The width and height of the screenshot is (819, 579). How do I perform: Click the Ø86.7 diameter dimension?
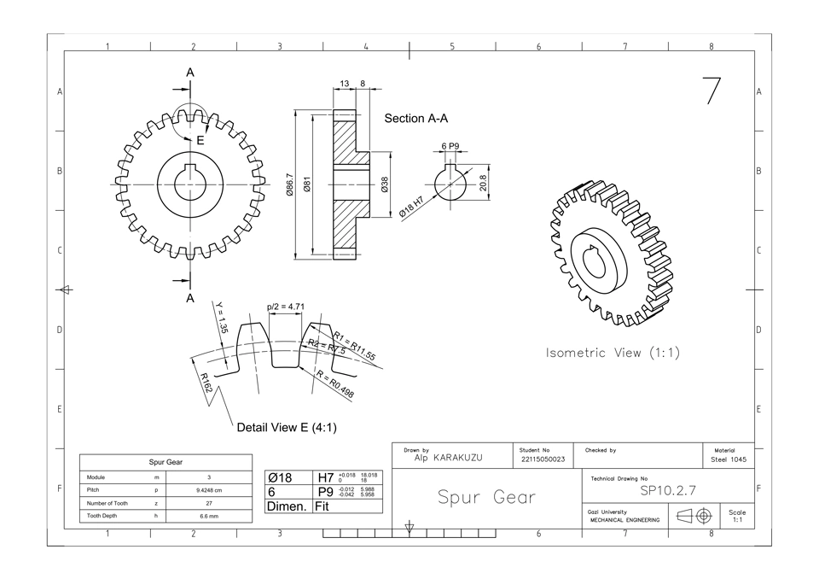[x=290, y=185]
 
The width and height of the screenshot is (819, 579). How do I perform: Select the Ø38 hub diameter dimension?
[x=385, y=184]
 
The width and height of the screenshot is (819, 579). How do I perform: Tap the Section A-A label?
[x=416, y=119]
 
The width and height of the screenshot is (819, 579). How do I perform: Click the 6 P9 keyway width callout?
[x=450, y=147]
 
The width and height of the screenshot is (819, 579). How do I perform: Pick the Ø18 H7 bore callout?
[x=412, y=208]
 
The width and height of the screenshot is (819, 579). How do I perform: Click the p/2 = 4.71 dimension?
[x=286, y=306]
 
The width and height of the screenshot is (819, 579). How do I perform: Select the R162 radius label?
[x=206, y=383]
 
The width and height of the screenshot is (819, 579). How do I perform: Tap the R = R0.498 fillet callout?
[x=335, y=386]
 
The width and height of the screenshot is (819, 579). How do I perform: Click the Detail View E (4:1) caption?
[x=287, y=427]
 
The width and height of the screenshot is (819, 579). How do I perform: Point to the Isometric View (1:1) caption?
[x=613, y=353]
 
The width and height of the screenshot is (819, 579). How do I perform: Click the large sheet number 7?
[x=712, y=91]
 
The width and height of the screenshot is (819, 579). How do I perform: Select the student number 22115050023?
[x=543, y=459]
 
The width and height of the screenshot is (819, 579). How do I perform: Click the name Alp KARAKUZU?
[x=448, y=459]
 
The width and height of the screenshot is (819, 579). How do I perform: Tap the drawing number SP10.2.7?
[x=668, y=491]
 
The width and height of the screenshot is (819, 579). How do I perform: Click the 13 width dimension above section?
[x=345, y=84]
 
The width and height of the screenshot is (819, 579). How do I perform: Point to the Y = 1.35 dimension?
[x=221, y=318]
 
